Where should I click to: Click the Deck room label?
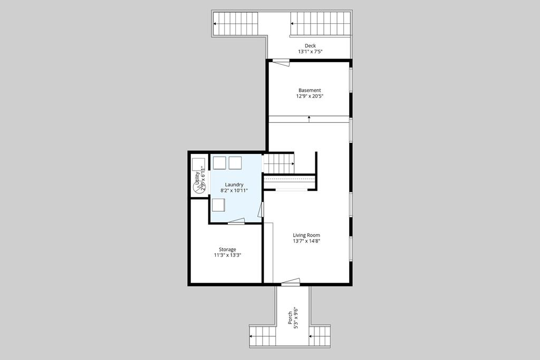pyautogui.click(x=310, y=46)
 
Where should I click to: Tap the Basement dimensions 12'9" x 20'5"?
pyautogui.click(x=310, y=96)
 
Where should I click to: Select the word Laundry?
pyautogui.click(x=234, y=184)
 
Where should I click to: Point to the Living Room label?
pyautogui.click(x=306, y=235)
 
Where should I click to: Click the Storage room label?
pyautogui.click(x=228, y=249)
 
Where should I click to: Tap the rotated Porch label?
pyautogui.click(x=290, y=319)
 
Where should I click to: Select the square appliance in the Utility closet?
pyautogui.click(x=198, y=163)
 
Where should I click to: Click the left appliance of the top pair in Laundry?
pyautogui.click(x=219, y=163)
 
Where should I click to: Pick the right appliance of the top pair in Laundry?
pyautogui.click(x=235, y=163)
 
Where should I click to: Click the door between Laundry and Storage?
pyautogui.click(x=236, y=222)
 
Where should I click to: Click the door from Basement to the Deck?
pyautogui.click(x=281, y=62)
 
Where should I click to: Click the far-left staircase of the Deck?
pyautogui.click(x=236, y=24)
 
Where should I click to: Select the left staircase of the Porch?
pyautogui.click(x=262, y=336)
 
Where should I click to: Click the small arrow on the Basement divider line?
pyautogui.click(x=309, y=119)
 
